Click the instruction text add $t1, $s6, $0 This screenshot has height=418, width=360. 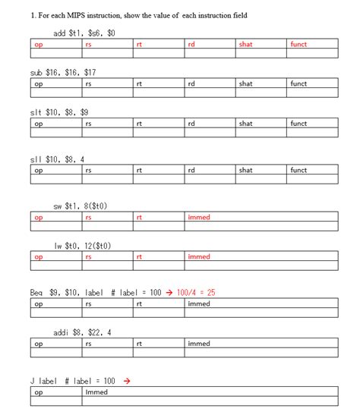click(x=84, y=33)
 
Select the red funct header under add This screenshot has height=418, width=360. click(x=298, y=45)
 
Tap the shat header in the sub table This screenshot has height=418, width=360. click(x=245, y=84)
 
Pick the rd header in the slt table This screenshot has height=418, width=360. click(x=192, y=124)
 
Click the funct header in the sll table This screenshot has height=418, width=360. click(x=298, y=171)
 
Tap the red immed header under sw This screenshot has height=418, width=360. click(x=199, y=218)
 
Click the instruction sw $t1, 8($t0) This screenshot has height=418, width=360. click(x=83, y=206)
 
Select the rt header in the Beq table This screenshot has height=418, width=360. click(x=140, y=304)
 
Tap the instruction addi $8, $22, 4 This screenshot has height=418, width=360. click(x=83, y=332)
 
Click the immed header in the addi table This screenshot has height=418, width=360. click(x=199, y=344)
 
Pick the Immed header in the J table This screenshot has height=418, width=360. click(x=96, y=392)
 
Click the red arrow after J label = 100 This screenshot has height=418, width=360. click(x=126, y=381)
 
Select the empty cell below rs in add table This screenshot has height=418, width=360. click(x=109, y=54)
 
